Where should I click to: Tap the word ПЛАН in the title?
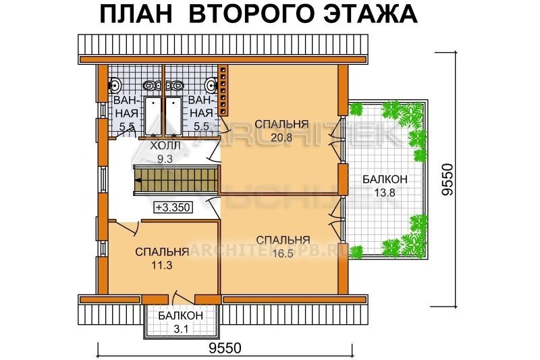coord(136,14)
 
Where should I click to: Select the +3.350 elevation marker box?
coord(173,207)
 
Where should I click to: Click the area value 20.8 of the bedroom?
coord(281,138)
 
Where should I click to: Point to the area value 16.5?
coord(282,253)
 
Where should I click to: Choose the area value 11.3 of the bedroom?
coord(161,265)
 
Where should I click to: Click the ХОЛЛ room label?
coord(165,146)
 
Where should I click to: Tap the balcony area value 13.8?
coord(385,192)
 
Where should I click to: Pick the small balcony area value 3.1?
coord(180,330)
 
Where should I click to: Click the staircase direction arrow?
coord(138,180)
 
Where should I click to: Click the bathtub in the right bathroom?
coord(173,116)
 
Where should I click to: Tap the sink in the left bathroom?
coord(115,84)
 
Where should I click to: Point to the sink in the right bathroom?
coord(211,84)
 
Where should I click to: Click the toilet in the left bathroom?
coord(152,84)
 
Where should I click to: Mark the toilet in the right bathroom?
coord(174,84)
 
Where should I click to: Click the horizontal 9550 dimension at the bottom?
coord(225,348)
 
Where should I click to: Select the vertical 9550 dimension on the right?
coord(448,180)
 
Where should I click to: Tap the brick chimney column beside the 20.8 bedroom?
coord(224,91)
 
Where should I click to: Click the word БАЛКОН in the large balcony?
coord(385,179)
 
